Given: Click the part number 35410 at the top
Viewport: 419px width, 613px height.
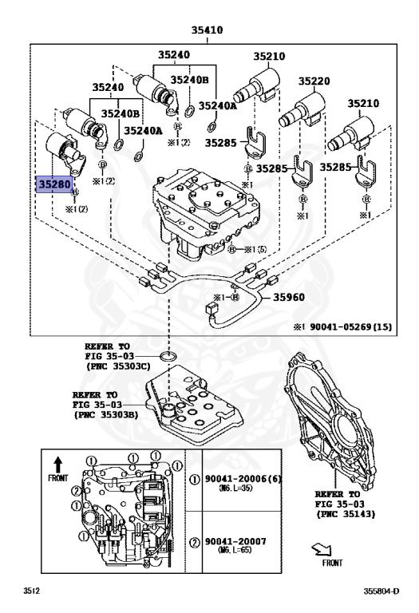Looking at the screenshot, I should [x=206, y=30].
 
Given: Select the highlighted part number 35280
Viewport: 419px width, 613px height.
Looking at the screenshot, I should [x=54, y=184].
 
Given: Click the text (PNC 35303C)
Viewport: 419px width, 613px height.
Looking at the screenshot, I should [x=121, y=367].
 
